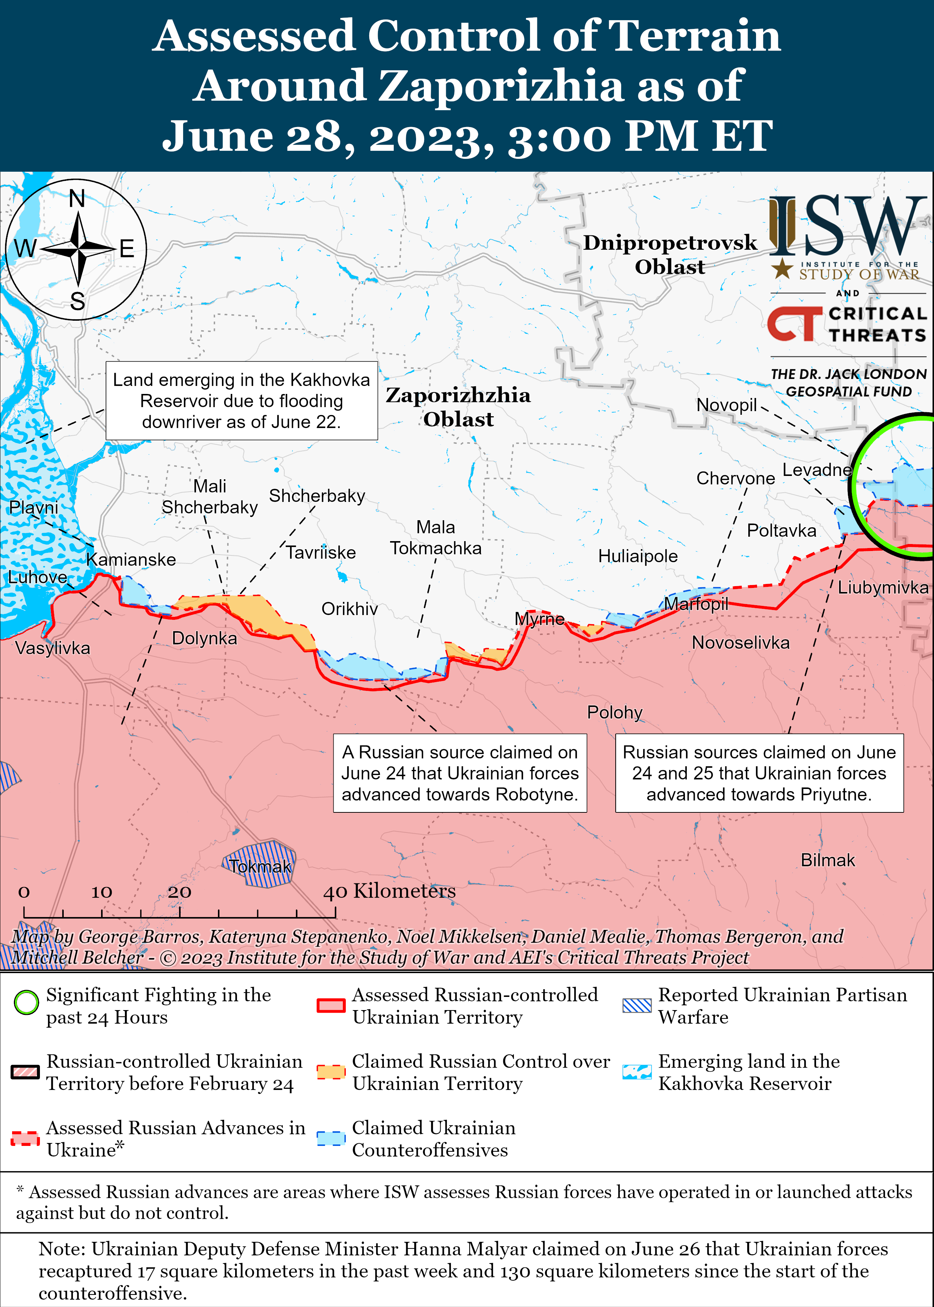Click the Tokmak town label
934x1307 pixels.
260,866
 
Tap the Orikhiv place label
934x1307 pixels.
349,609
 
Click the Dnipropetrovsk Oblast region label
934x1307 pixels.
670,254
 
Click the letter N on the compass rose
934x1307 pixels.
77,199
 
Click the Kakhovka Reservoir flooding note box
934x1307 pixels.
241,401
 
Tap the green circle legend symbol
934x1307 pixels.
26,1002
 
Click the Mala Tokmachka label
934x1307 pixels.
436,537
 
